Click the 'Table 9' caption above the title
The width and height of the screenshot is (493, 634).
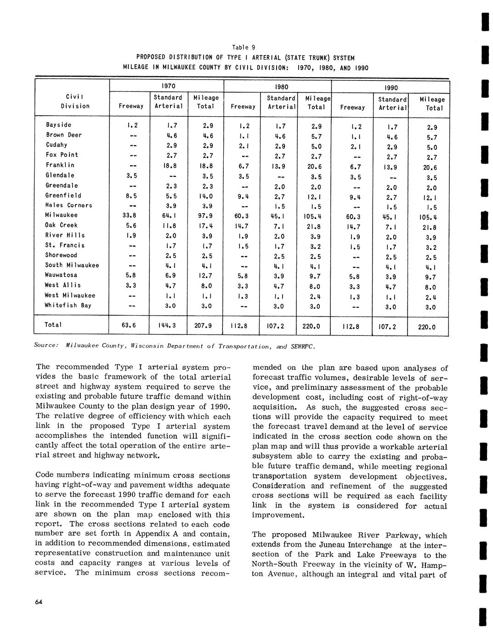(244, 47)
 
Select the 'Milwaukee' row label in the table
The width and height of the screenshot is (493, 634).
(62, 215)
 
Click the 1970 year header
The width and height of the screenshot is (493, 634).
(166, 86)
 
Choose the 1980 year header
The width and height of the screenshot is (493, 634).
(278, 86)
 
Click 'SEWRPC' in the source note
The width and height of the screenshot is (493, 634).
(303, 346)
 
